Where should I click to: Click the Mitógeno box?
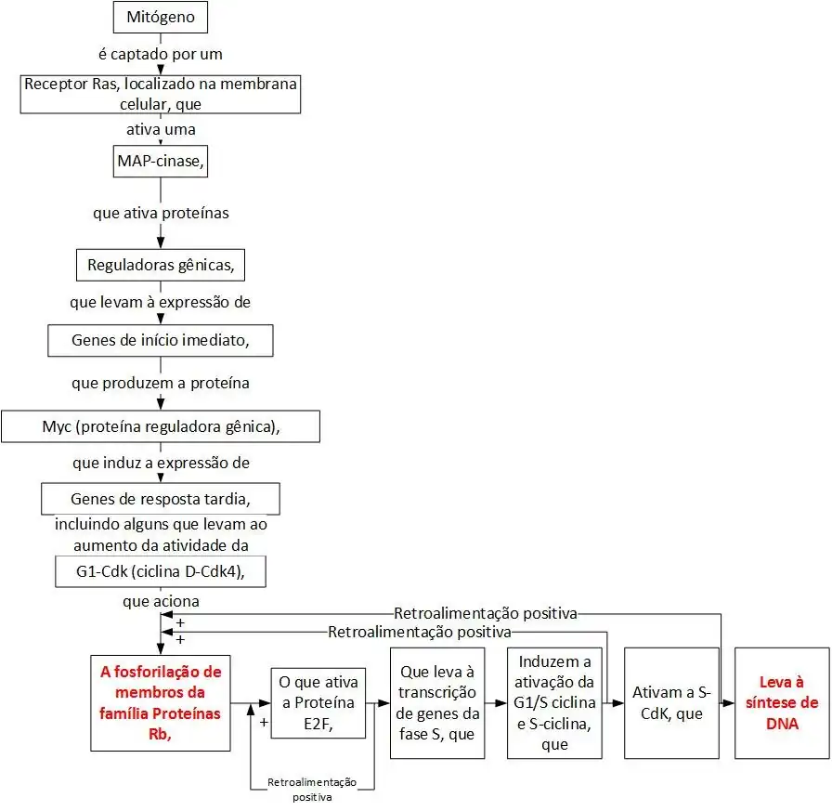point(160,16)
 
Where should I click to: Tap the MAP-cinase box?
point(160,162)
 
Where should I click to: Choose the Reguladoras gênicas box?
point(160,266)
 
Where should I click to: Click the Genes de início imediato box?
point(160,341)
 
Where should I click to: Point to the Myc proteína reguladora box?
point(160,426)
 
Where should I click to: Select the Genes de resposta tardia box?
point(160,498)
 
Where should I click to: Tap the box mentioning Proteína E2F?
point(318,703)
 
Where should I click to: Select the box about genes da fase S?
point(436,703)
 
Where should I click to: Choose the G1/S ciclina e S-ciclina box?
point(555,703)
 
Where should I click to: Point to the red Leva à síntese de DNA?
point(781,703)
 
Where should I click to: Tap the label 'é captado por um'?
point(160,53)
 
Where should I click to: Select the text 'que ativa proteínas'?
point(160,214)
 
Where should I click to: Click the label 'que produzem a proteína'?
point(160,383)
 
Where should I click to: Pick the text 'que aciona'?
point(160,601)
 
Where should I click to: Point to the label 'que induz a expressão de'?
point(160,462)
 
